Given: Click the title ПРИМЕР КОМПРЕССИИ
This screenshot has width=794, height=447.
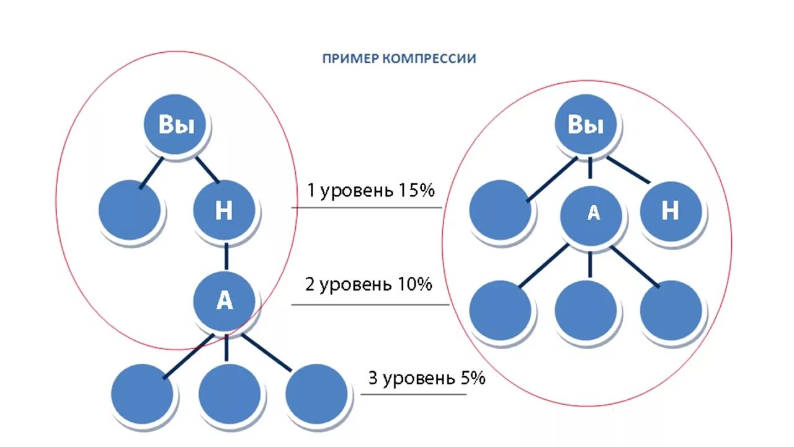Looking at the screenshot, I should (x=399, y=59).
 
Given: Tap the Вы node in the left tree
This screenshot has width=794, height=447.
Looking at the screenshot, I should (x=177, y=125).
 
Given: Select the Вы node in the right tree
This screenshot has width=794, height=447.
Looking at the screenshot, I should (x=586, y=125).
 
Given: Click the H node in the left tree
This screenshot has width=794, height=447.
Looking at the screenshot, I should (x=224, y=211).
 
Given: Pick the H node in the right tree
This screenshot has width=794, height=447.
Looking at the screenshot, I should (x=671, y=212).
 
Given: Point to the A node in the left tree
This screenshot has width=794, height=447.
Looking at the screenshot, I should (x=224, y=301).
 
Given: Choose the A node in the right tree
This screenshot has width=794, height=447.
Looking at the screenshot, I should (x=591, y=214).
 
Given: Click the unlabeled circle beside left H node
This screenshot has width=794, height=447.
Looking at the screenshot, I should (x=130, y=210).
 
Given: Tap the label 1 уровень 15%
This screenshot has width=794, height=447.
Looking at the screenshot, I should (x=370, y=191).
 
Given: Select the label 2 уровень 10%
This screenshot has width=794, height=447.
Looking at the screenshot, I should (x=368, y=285).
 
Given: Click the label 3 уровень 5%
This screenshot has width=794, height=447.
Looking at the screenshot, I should (x=426, y=379).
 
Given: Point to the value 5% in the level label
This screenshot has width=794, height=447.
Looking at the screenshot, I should (x=473, y=379).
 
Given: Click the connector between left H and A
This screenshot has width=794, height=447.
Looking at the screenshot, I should (x=226, y=256).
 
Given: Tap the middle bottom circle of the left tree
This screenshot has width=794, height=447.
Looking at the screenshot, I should (x=230, y=394).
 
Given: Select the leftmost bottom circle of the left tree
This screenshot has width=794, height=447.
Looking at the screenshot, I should (x=142, y=394).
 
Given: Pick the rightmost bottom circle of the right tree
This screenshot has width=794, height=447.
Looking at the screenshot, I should (x=671, y=310).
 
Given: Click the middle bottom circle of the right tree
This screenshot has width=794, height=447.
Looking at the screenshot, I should (x=586, y=310).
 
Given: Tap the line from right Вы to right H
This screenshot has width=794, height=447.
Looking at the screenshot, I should (x=628, y=169).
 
